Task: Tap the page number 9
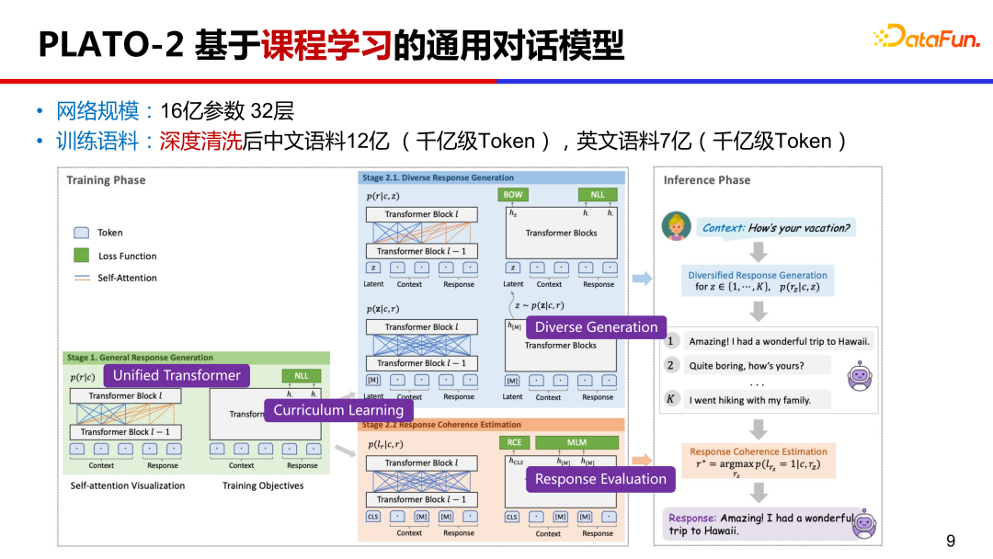tap(951, 540)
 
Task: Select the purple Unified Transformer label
tap(177, 375)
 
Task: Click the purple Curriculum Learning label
tap(338, 410)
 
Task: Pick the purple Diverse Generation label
tap(596, 327)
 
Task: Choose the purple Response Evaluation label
tap(600, 479)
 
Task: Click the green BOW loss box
tap(513, 195)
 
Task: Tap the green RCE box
tap(515, 442)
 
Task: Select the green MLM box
tap(576, 442)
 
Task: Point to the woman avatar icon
tap(676, 226)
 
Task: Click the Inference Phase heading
tap(707, 180)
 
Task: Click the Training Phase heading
tap(106, 180)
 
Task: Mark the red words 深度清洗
tap(200, 141)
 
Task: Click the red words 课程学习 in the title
tap(326, 44)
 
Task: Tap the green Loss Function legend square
tap(81, 256)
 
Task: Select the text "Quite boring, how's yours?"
tap(747, 366)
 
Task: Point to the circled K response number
tap(671, 399)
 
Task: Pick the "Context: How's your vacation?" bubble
tap(775, 228)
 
